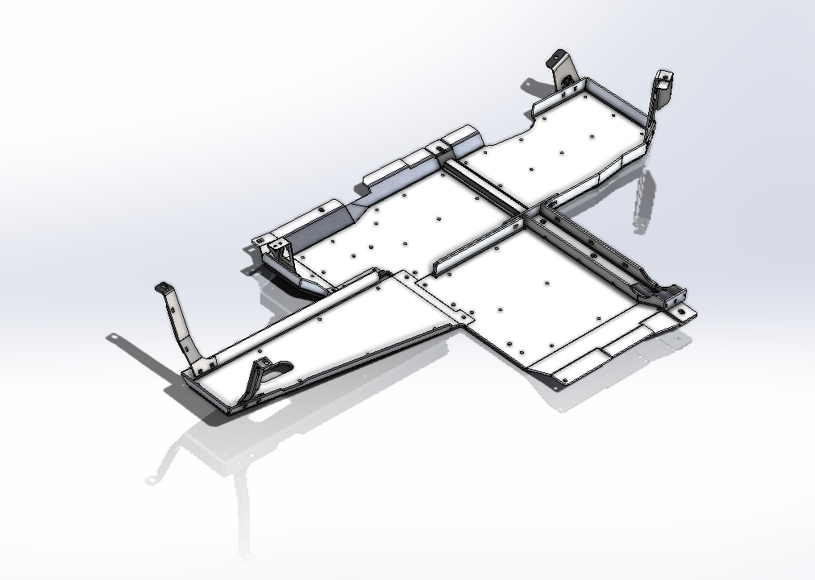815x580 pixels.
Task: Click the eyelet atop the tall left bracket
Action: [x=164, y=288]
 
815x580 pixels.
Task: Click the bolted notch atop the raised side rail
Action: [x=439, y=146]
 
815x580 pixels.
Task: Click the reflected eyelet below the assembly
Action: [x=151, y=481]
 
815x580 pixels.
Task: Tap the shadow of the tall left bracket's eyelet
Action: [x=114, y=338]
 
